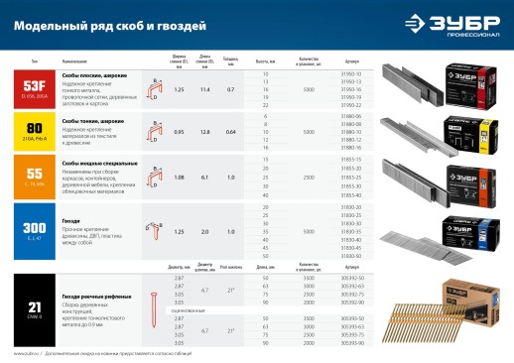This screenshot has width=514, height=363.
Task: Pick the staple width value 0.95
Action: (x=179, y=132)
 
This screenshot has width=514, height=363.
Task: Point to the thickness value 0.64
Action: (x=231, y=132)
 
